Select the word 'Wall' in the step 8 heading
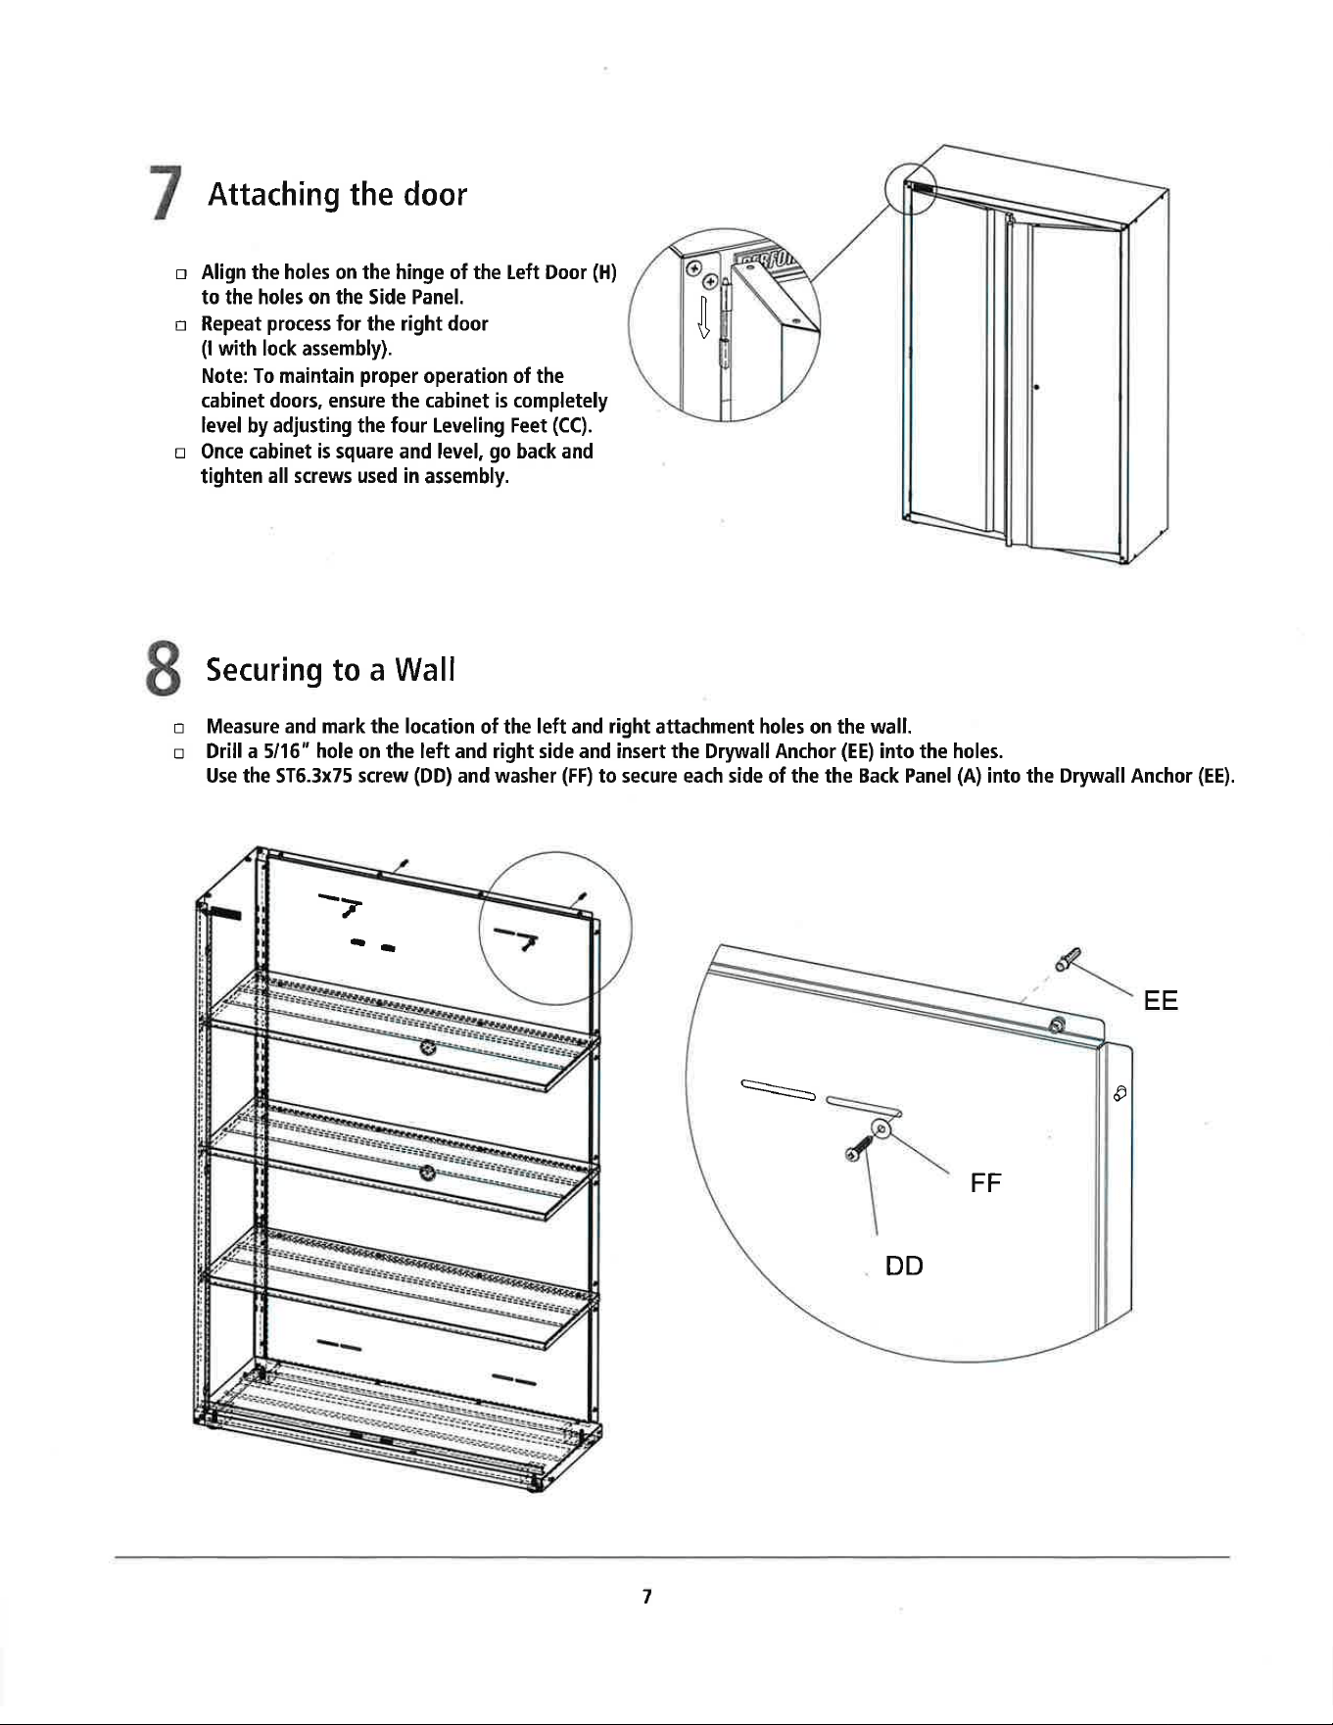[x=424, y=670]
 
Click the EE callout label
[x=1161, y=1001]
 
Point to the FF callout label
[x=986, y=1183]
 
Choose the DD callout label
[x=904, y=1266]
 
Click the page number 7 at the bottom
[x=646, y=1597]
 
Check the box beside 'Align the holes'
[x=180, y=271]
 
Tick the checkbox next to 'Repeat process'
[x=180, y=324]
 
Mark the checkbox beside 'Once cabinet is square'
[x=180, y=453]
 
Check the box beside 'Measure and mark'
[x=180, y=728]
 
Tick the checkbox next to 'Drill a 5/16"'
[x=180, y=753]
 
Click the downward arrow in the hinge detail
[x=702, y=315]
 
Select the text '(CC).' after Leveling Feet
[x=575, y=426]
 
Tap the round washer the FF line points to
[x=881, y=1129]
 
